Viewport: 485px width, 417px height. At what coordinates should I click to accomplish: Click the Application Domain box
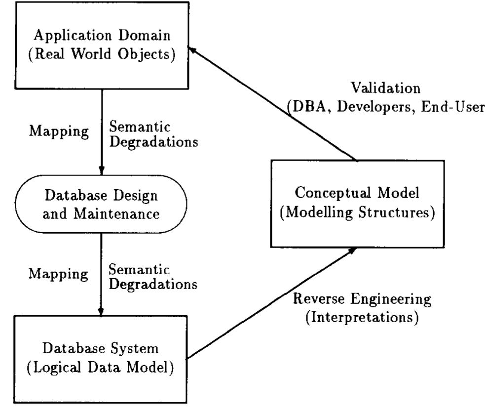101,44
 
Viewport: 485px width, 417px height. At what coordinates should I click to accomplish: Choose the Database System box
101,358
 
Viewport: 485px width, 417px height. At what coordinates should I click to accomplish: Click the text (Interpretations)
362,316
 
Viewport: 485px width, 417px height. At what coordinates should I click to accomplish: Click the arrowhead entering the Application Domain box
193,48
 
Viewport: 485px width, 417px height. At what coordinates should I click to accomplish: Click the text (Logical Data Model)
101,368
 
